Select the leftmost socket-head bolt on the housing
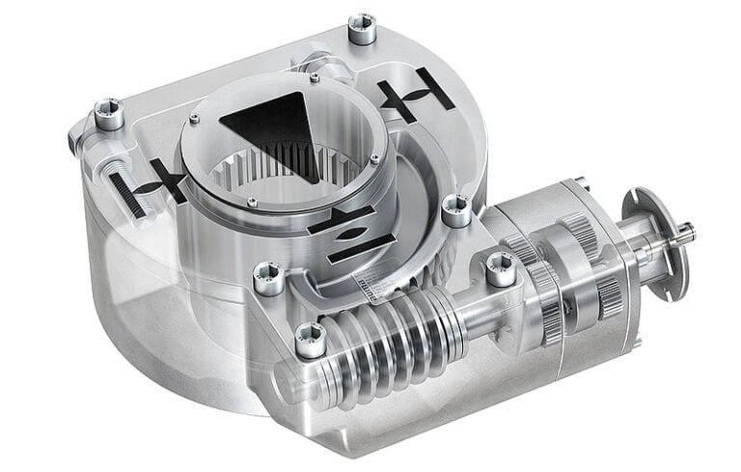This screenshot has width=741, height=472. click(x=108, y=115)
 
